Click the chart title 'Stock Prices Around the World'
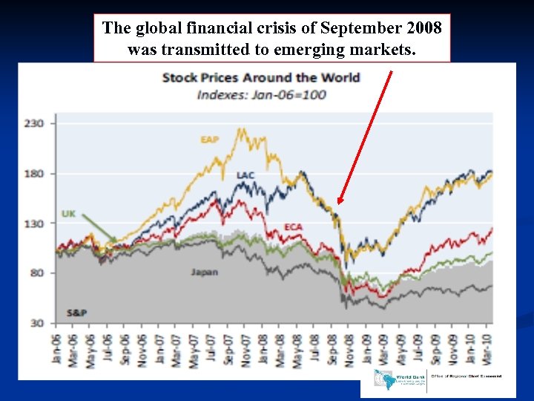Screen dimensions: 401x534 260,77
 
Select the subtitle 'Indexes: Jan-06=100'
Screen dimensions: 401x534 261,94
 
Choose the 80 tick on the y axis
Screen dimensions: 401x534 37,273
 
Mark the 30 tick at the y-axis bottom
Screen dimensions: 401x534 37,322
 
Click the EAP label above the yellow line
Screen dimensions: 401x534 209,139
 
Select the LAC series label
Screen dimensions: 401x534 245,175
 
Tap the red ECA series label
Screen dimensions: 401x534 293,226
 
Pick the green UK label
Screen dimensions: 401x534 68,214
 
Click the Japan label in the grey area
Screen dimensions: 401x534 204,272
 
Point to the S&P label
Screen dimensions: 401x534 76,313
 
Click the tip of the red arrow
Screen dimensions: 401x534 339,203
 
